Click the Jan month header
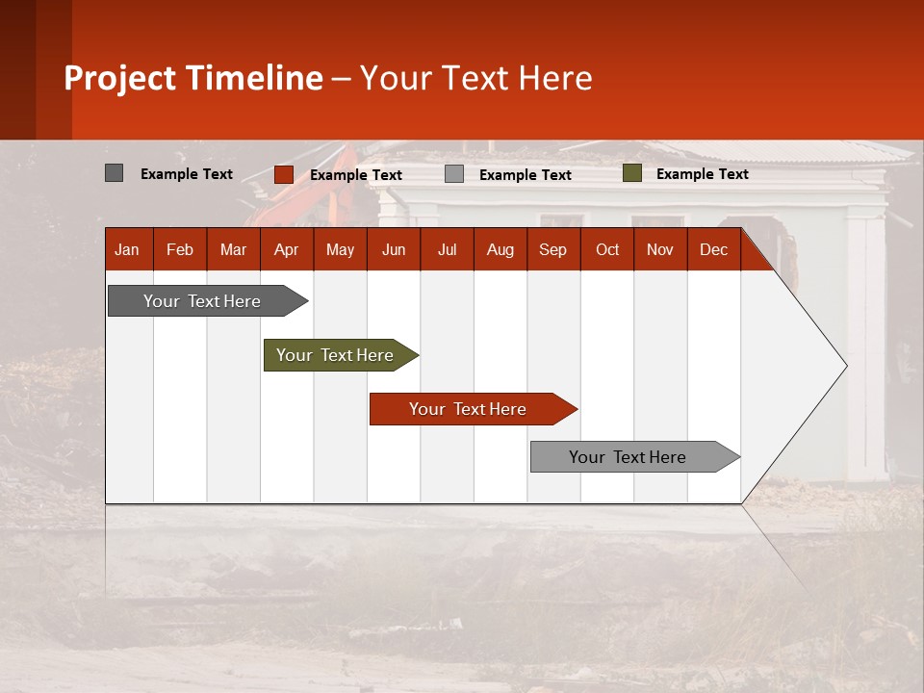[x=127, y=250]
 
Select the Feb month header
[x=180, y=250]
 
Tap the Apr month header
[x=286, y=250]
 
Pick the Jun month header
[x=394, y=250]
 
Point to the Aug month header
[x=500, y=250]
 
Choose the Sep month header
[x=552, y=250]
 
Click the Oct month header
[x=607, y=250]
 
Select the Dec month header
[x=713, y=250]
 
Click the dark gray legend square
[x=114, y=173]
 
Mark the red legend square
[x=283, y=174]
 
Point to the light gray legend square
[x=454, y=174]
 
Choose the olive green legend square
[x=631, y=173]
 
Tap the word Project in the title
[x=120, y=78]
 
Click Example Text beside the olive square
[x=702, y=174]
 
